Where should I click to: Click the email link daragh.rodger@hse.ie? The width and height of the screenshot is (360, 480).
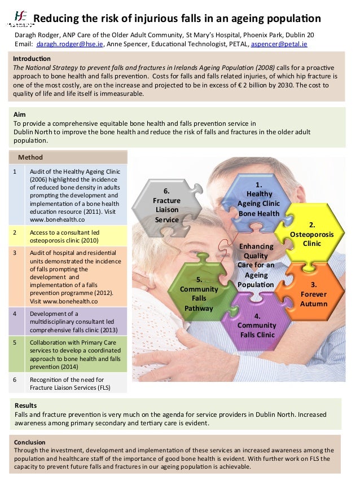click(x=70, y=43)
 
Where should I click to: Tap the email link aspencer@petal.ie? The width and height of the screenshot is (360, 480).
click(x=280, y=43)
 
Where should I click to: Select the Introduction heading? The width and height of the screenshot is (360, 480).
click(x=32, y=59)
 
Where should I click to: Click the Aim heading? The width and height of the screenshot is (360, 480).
click(x=19, y=114)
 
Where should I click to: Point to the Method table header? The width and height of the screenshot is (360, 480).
click(x=30, y=157)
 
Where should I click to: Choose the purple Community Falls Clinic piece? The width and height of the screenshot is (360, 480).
click(x=257, y=325)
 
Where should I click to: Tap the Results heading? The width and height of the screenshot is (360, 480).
click(x=25, y=405)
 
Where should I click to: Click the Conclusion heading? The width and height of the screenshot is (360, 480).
click(x=30, y=442)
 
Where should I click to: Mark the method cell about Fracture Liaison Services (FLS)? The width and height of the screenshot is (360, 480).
click(x=70, y=384)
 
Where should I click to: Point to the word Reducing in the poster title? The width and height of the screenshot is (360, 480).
click(x=56, y=19)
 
